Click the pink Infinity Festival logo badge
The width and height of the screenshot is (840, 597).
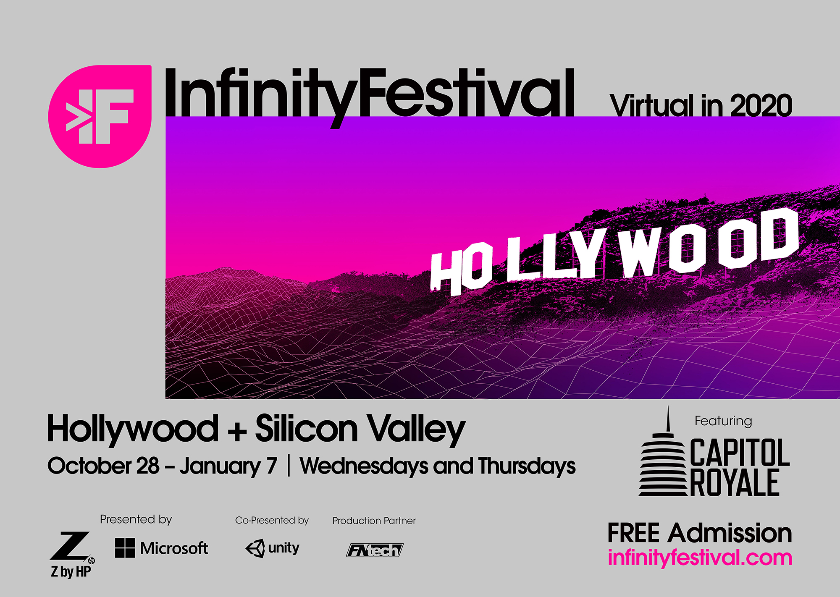[100, 117]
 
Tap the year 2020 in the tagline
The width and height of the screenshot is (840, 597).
[761, 105]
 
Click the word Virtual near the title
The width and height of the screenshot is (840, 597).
[652, 105]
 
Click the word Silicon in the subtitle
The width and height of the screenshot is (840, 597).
[306, 428]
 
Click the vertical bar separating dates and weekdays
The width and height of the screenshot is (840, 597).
[289, 466]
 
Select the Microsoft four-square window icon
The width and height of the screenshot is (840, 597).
[125, 548]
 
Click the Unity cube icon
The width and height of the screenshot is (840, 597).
[255, 548]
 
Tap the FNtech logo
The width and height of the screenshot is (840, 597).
[374, 550]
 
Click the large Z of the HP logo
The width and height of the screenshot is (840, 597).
[70, 546]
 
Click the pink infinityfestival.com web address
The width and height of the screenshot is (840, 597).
[700, 558]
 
